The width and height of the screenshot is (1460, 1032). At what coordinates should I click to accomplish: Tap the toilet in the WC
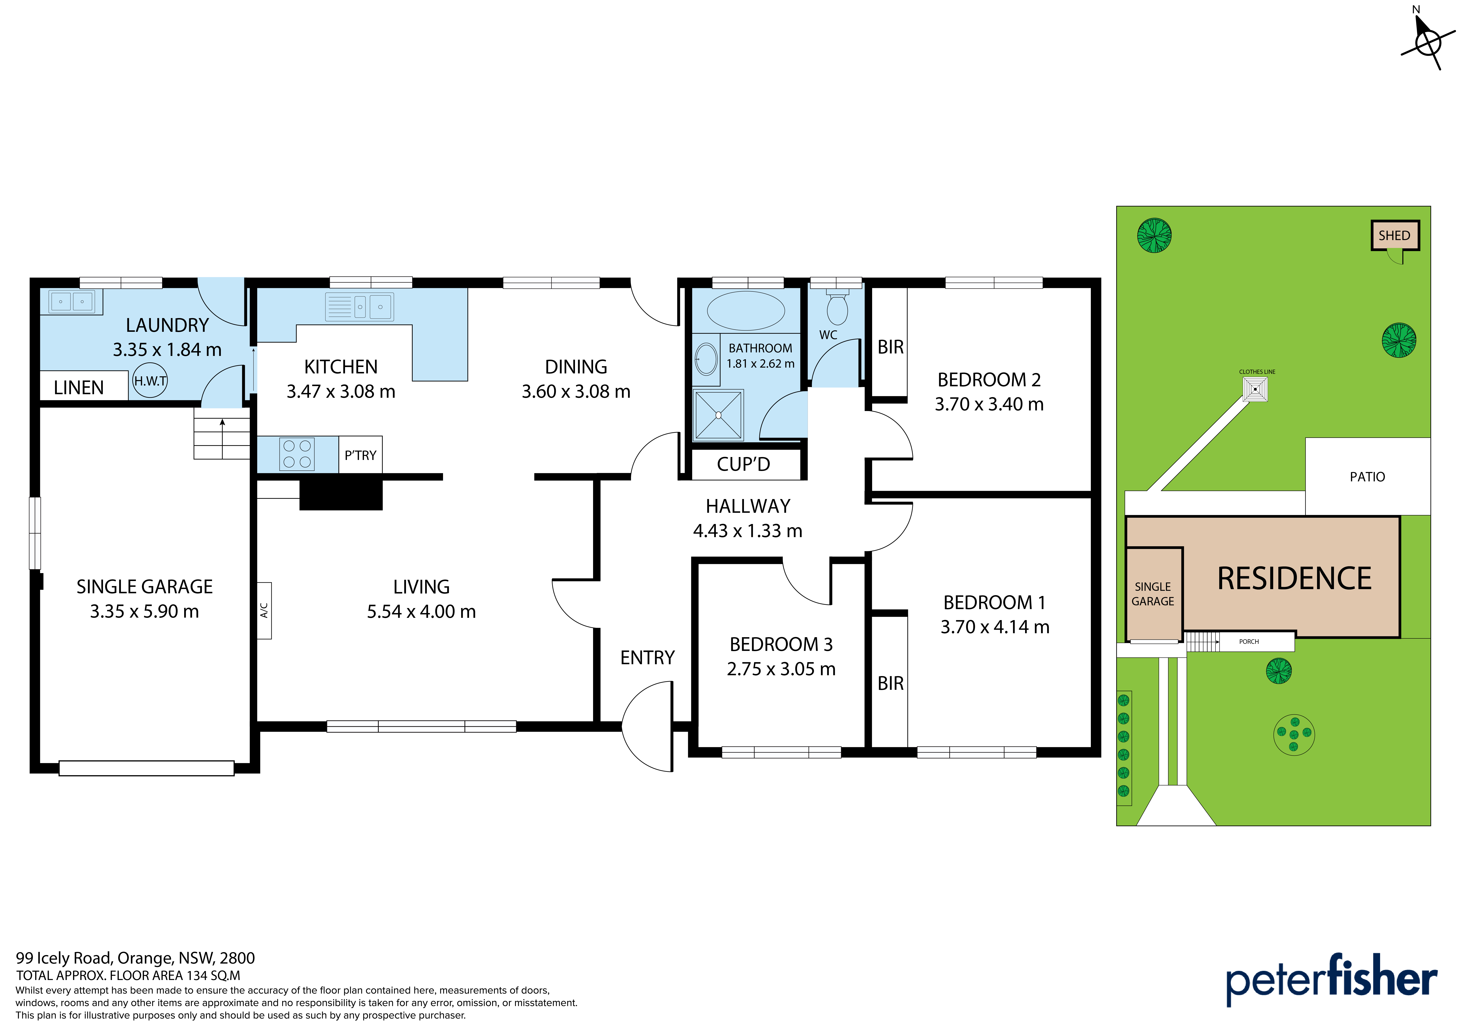click(837, 308)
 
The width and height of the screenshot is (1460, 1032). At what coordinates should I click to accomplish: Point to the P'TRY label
click(361, 455)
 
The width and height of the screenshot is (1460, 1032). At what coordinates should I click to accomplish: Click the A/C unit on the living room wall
click(264, 610)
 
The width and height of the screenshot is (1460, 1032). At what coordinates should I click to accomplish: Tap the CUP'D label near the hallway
click(743, 464)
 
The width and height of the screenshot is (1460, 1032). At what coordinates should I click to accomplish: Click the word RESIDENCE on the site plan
click(1294, 579)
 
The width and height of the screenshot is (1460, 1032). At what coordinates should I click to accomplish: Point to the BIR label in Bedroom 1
click(890, 683)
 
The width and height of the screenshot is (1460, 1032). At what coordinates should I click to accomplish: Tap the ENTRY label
click(647, 658)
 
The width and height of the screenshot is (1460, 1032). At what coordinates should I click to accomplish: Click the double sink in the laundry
click(71, 301)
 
